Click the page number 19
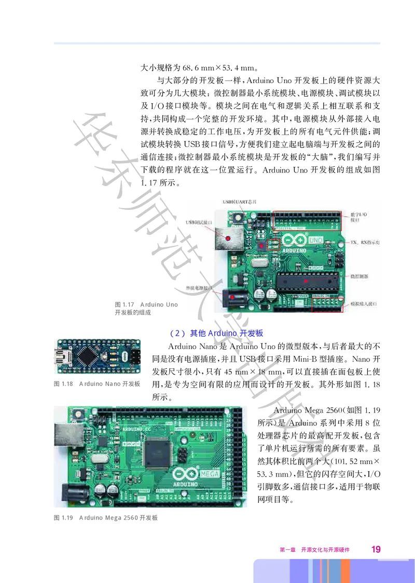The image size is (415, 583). coord(376,549)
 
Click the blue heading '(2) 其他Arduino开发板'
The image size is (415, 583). coord(216,333)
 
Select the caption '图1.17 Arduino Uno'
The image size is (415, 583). coord(146,304)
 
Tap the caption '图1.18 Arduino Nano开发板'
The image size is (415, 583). coord(97,384)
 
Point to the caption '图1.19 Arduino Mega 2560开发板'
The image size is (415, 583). coord(106,518)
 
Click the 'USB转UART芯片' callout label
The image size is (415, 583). coord(240,201)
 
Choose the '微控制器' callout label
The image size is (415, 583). coord(359,277)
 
